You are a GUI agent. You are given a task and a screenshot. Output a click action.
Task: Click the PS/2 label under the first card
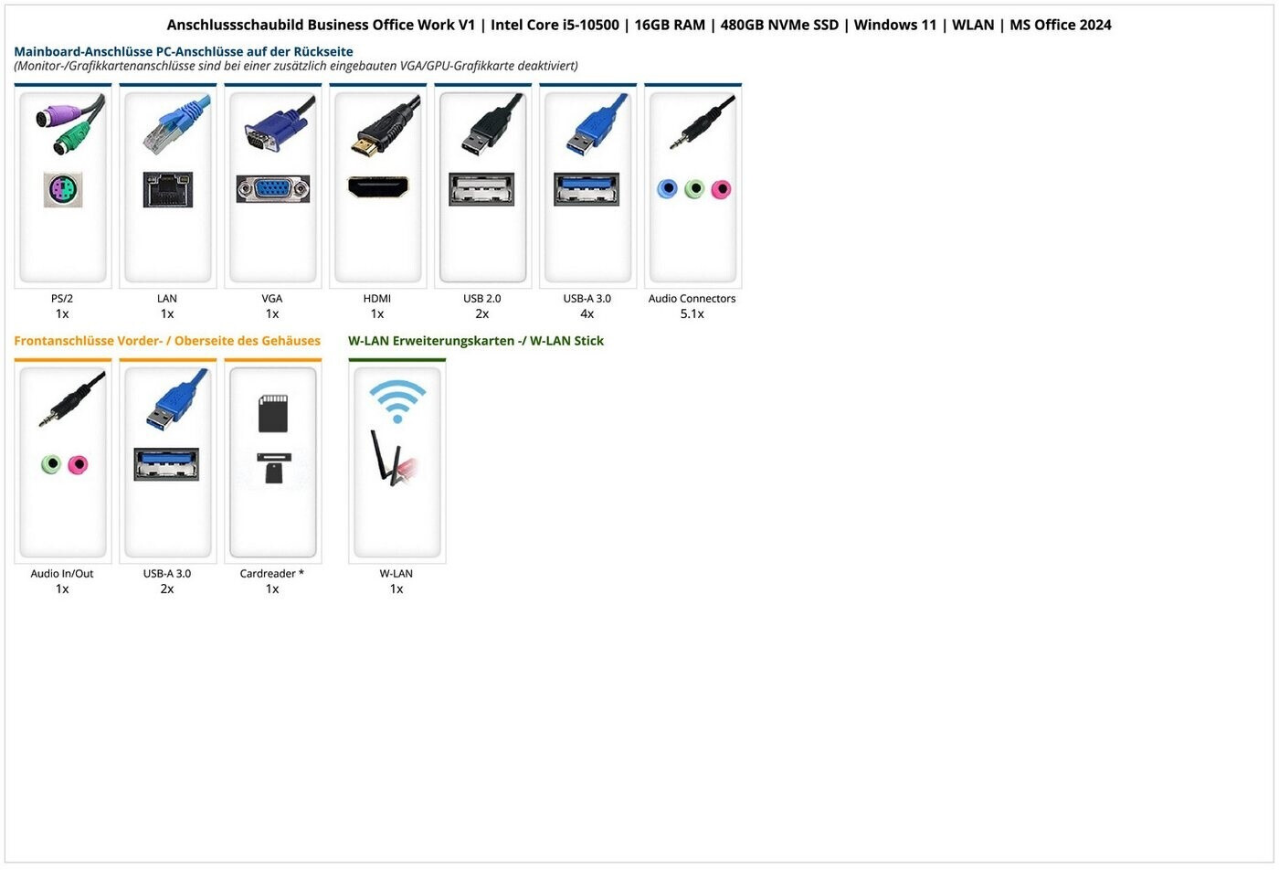(62, 299)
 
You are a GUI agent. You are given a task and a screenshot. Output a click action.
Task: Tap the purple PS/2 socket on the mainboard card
(62, 189)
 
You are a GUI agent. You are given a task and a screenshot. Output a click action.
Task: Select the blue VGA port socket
(272, 189)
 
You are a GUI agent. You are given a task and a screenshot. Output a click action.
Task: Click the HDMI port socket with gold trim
(377, 187)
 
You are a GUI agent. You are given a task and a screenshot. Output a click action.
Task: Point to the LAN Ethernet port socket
(167, 189)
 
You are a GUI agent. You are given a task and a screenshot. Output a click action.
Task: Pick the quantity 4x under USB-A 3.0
(587, 314)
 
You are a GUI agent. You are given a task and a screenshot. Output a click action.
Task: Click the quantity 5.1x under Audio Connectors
(692, 314)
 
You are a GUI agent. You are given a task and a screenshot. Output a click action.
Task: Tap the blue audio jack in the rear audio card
(668, 189)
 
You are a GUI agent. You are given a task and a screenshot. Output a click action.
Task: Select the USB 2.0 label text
(481, 299)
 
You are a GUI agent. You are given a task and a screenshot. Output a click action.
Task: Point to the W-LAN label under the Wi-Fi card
(396, 574)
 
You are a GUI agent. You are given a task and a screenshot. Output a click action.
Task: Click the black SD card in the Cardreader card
(273, 413)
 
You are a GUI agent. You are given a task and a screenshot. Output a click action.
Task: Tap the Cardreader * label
(271, 574)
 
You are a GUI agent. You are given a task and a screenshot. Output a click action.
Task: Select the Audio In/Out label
(62, 574)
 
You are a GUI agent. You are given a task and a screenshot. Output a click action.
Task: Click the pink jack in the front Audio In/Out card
(79, 464)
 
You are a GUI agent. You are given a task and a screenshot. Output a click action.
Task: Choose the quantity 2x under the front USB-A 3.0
(167, 589)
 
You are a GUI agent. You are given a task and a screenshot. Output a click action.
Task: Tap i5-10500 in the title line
(590, 25)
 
